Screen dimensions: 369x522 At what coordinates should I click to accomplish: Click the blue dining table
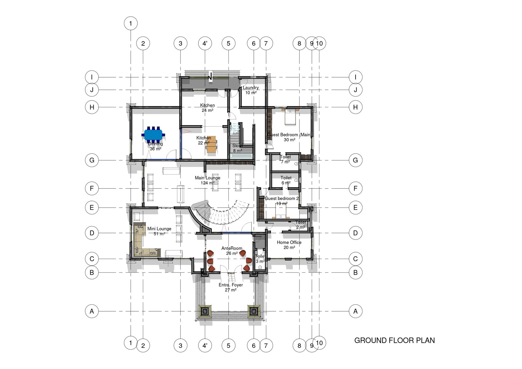[x=153, y=134]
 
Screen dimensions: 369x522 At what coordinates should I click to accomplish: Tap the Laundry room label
[x=251, y=90]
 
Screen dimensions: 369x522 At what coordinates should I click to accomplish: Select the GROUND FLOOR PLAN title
[x=394, y=341]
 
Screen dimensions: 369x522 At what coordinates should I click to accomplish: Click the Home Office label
[x=289, y=245]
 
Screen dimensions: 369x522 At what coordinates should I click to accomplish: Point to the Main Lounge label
[x=207, y=180]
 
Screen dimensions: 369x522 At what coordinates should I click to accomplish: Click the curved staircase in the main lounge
[x=225, y=214]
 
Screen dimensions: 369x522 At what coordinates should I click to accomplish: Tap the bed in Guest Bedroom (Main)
[x=290, y=117]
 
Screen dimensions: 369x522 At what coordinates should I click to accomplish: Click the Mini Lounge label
[x=159, y=231]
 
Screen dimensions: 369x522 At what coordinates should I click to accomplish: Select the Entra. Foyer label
[x=231, y=287]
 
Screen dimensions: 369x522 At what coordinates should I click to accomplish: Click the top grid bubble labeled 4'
[x=205, y=43]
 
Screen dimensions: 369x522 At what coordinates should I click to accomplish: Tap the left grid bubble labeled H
[x=92, y=107]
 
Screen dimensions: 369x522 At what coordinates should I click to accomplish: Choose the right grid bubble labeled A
[x=355, y=311]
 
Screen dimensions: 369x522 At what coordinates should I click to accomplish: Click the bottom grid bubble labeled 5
[x=228, y=346]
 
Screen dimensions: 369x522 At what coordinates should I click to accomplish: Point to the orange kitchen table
[x=211, y=144]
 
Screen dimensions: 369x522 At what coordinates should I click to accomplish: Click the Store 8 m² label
[x=237, y=148]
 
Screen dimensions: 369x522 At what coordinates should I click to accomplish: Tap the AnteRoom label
[x=232, y=251]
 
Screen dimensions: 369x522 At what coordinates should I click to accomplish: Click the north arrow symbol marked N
[x=210, y=77]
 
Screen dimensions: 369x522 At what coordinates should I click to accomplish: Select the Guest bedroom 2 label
[x=282, y=201]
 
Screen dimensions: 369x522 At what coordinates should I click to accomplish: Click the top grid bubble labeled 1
[x=131, y=23]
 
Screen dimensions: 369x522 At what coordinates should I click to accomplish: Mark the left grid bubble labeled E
[x=92, y=208]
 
